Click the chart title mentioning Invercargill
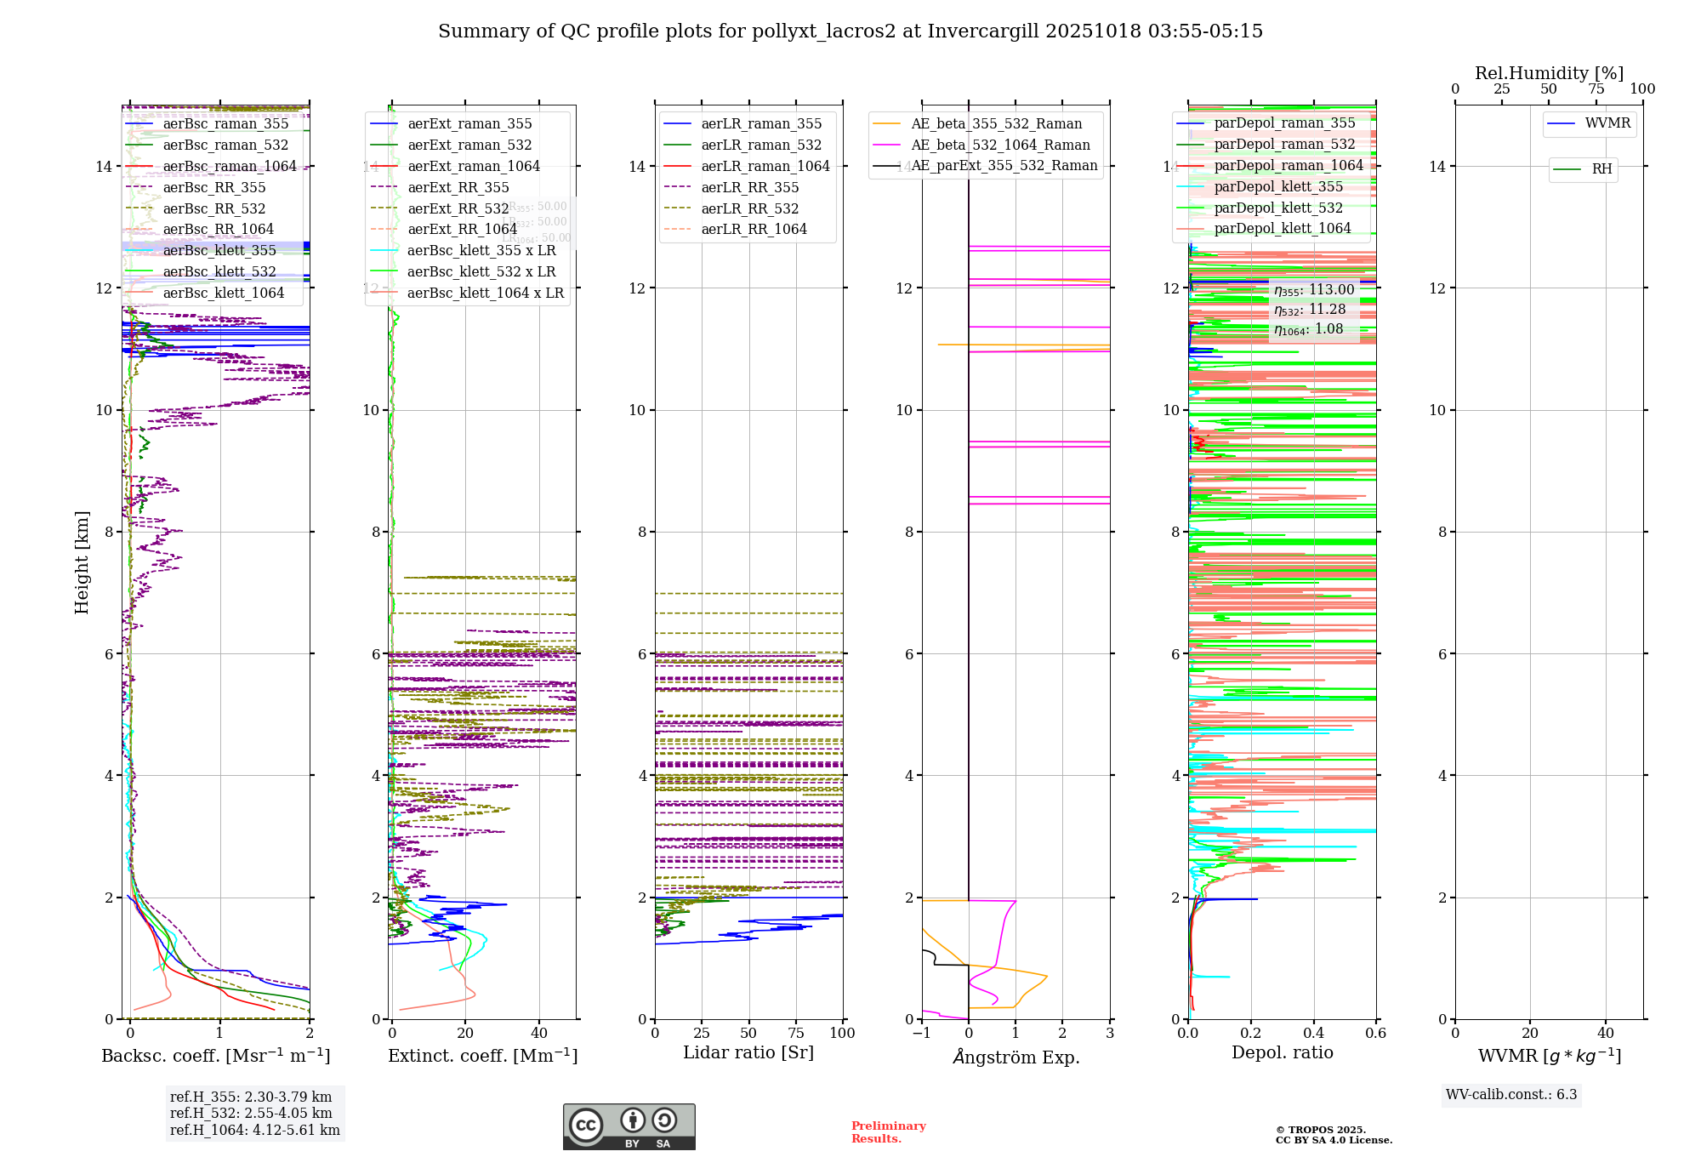(850, 31)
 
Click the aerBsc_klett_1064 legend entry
(223, 293)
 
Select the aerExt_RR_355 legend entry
(458, 187)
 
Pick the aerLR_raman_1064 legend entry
(765, 166)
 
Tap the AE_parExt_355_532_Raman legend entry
(1004, 166)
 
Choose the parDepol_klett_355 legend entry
(1278, 186)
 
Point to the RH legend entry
(1601, 169)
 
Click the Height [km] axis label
(82, 561)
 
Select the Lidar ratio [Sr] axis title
(748, 1052)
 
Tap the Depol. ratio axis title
(1282, 1052)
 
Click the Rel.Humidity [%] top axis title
(1549, 73)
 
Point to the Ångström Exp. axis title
(1015, 1057)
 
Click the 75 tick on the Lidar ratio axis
(796, 1034)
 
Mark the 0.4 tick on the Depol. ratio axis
(1313, 1034)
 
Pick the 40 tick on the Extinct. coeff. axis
(539, 1034)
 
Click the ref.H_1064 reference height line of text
(254, 1130)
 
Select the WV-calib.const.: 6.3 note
(1511, 1094)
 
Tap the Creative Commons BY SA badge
(629, 1126)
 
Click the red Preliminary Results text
(888, 1132)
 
